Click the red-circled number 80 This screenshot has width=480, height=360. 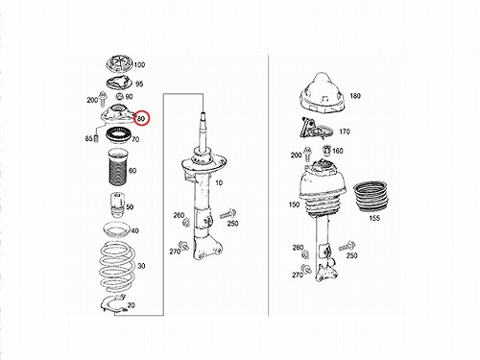pos(141,119)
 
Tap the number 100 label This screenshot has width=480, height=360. pos(139,65)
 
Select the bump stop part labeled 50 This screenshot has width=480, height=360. pos(117,204)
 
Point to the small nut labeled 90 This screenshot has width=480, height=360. pos(119,96)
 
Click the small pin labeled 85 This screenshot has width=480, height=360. pos(95,139)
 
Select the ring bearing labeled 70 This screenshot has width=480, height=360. pos(117,136)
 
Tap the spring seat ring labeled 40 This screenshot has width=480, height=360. pos(116,230)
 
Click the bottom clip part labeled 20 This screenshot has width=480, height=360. pos(112,304)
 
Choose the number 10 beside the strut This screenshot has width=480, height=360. pos(219,183)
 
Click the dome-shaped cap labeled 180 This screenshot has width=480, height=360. pos(323,93)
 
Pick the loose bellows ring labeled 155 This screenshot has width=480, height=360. pos(371,196)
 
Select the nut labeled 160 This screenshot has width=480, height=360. pos(326,150)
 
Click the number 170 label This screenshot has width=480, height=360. pos(345,132)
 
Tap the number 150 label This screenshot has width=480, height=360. pos(294,204)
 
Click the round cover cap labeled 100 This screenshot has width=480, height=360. pos(119,64)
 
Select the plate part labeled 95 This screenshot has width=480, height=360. pos(119,84)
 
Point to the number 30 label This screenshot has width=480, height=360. pos(141,266)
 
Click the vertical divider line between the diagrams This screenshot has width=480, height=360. pos(268,185)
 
